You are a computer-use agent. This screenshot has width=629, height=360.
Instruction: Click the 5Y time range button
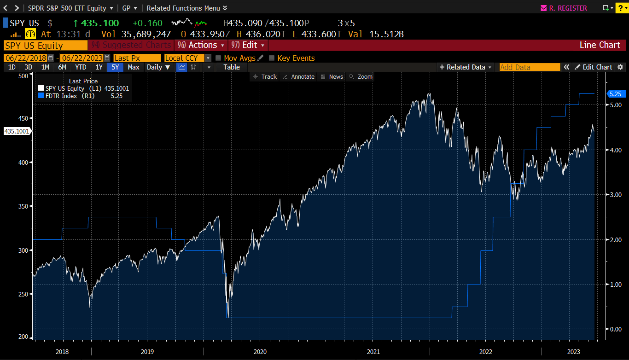115,67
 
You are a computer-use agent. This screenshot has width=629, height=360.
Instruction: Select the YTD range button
81,67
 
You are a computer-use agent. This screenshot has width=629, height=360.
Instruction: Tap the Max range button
134,67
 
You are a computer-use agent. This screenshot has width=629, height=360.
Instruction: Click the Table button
232,67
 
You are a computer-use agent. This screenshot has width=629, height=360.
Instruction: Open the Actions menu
202,45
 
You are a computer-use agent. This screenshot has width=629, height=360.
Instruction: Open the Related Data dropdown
466,67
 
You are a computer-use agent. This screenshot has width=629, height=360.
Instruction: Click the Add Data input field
529,67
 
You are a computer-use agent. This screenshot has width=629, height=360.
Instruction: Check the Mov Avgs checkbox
219,58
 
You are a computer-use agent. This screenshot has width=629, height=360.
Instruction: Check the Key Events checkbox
272,58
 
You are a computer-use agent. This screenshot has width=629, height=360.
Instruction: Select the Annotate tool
299,77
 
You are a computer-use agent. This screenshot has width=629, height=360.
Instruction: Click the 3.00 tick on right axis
616,195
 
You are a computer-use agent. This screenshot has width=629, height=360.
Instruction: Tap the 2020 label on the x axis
260,352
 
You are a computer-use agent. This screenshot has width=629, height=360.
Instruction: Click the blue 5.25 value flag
615,93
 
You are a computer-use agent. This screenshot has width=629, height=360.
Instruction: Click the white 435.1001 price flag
17,131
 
